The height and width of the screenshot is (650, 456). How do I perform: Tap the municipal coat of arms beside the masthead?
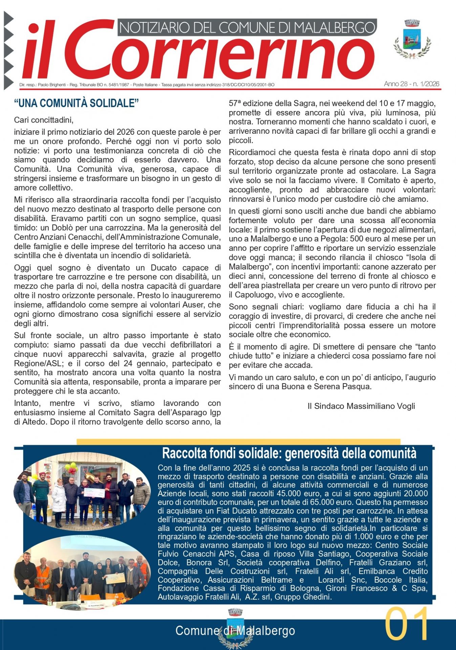(412, 39)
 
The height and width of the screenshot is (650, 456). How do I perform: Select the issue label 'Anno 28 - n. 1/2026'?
(411, 84)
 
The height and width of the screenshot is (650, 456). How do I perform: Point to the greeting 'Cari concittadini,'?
(44, 120)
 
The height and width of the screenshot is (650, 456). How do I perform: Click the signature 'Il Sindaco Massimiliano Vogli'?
(361, 406)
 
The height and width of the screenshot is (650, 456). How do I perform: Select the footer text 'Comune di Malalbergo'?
(235, 631)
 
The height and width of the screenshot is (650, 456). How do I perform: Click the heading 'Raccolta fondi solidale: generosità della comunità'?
(289, 453)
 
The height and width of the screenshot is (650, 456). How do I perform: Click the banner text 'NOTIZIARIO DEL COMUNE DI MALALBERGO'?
(247, 27)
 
